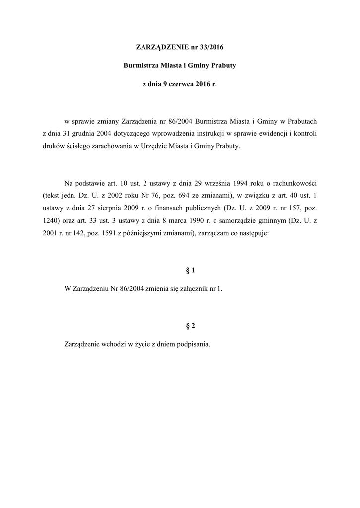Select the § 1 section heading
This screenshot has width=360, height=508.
pyautogui.click(x=190, y=270)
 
